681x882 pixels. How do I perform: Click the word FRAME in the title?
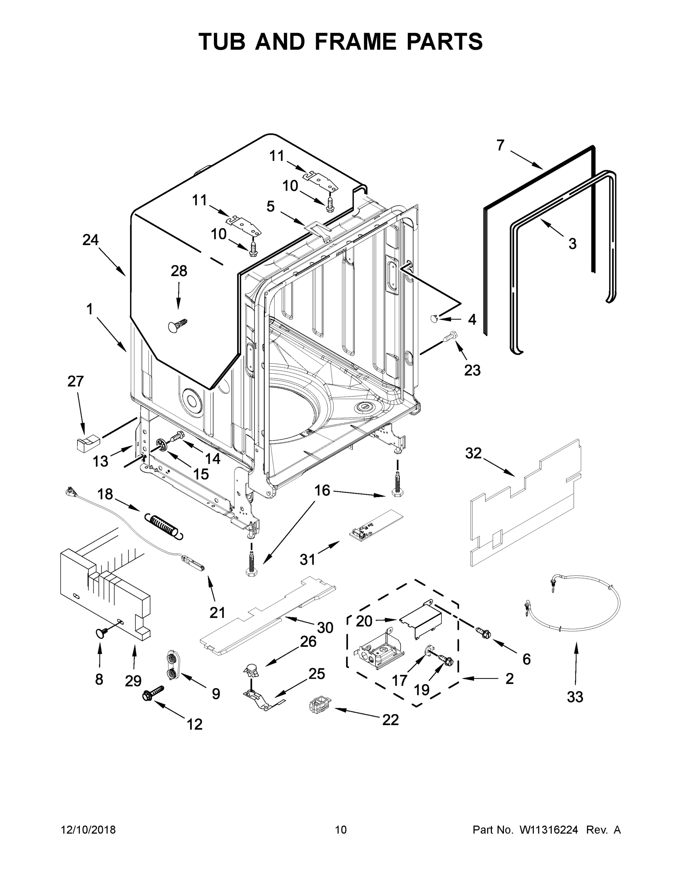356,42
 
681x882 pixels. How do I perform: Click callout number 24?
90,240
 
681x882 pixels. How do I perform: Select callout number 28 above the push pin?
179,271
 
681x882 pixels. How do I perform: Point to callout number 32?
473,453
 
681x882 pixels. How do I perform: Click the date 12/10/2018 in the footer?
88,829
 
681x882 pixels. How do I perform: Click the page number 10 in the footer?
341,829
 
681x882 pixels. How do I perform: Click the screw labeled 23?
449,336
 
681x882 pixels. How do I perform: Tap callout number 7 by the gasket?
500,145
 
